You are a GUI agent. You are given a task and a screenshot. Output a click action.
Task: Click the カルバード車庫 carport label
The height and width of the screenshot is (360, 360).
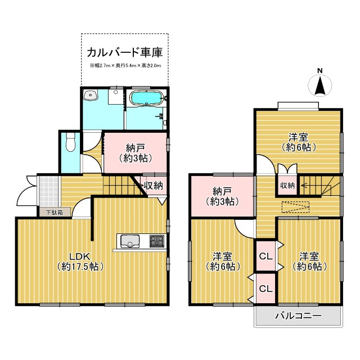point(124,53)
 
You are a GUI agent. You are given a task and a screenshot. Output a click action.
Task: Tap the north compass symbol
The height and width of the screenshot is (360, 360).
point(320,85)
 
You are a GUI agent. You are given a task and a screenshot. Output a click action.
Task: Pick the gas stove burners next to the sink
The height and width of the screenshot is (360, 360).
point(156,241)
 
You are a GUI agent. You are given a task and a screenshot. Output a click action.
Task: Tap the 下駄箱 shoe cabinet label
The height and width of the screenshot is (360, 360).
point(55,213)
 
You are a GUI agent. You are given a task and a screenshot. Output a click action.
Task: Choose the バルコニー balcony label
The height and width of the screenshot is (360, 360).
point(298,316)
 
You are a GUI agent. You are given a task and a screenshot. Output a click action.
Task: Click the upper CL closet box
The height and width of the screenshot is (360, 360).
point(266,256)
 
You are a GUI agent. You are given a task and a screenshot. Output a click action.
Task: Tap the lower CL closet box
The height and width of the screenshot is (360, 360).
point(266,289)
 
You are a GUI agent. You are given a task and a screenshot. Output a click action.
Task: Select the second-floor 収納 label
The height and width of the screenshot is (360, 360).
point(287,186)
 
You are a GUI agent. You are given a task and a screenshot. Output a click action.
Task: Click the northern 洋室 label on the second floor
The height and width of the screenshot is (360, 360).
point(298,142)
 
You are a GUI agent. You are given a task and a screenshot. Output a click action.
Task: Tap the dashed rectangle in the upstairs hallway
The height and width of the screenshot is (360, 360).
point(295,207)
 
